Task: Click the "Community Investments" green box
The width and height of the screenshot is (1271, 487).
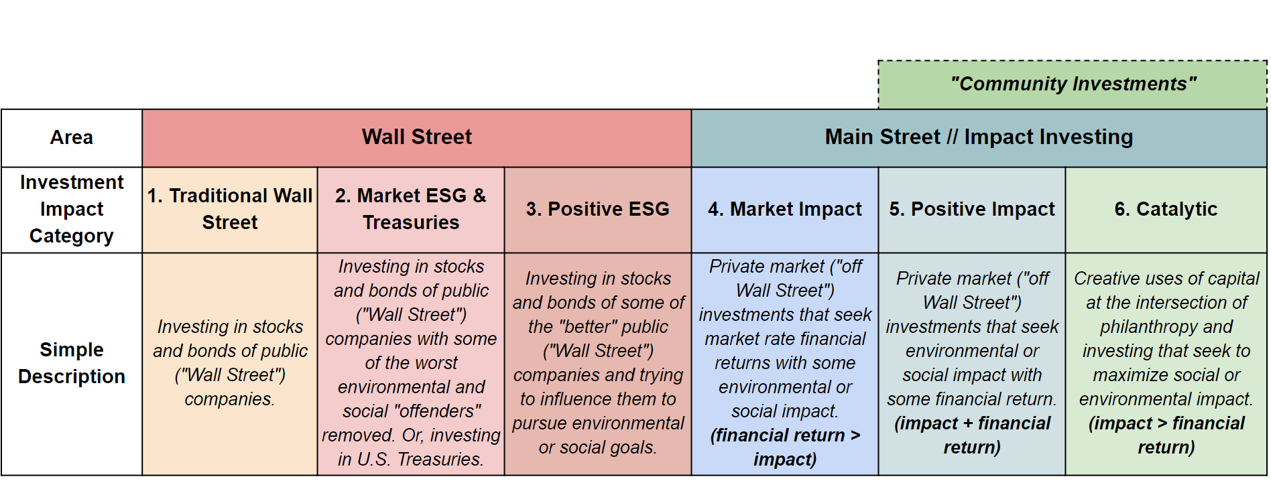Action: point(1073,84)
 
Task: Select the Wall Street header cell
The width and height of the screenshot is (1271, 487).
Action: point(417,138)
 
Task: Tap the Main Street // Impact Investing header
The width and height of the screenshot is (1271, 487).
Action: point(979,138)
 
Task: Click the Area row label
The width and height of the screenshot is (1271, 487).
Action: point(72,138)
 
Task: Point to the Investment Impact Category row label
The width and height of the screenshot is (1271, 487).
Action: point(72,210)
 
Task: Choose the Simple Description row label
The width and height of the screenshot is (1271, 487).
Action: point(72,364)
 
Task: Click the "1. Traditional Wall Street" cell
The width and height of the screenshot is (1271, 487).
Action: point(230,210)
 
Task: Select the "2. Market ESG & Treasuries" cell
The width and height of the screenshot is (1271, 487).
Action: point(411,210)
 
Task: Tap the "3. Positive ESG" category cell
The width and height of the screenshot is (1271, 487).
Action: point(598,210)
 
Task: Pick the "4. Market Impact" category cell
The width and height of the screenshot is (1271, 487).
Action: point(785,210)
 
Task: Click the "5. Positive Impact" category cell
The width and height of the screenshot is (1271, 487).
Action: point(972,210)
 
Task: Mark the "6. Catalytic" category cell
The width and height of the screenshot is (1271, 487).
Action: point(1166,210)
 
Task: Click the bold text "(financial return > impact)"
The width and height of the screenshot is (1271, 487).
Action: point(785,447)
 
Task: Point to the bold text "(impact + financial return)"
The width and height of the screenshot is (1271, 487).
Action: point(972,435)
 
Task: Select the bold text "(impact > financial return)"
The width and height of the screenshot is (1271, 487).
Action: point(1166,435)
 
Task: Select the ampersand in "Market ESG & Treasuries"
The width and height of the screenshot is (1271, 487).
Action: point(479,196)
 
